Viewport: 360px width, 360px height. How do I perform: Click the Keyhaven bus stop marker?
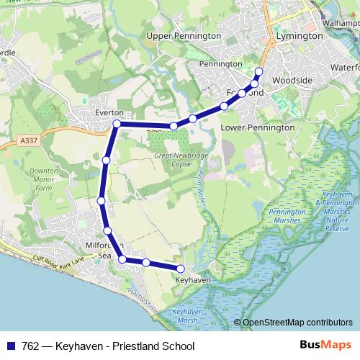click(x=181, y=269)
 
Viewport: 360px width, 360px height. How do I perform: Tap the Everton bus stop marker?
click(x=117, y=125)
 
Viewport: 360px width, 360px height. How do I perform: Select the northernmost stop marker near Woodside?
click(x=259, y=71)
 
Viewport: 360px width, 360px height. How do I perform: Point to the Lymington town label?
click(x=299, y=35)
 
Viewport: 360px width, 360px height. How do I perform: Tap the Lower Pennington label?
click(x=258, y=127)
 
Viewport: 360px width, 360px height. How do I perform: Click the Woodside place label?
click(x=292, y=80)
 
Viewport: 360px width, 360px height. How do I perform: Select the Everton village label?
click(x=109, y=113)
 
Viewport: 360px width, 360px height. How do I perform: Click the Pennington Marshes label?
click(x=287, y=217)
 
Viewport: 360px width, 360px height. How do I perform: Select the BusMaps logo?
click(x=325, y=345)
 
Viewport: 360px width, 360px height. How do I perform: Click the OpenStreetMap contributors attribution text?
click(x=292, y=323)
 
